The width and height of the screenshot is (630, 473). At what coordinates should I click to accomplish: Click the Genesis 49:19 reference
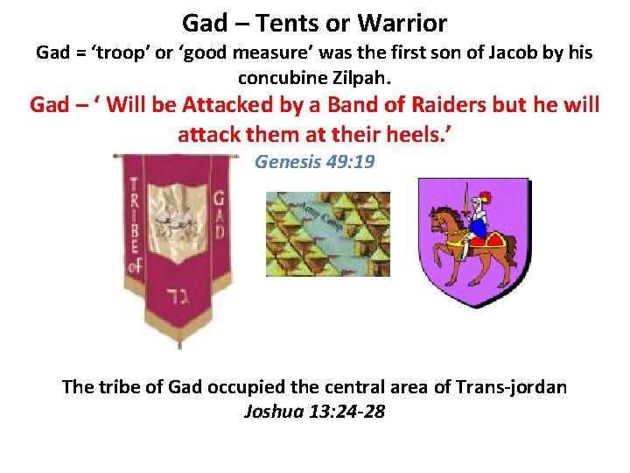pos(314,162)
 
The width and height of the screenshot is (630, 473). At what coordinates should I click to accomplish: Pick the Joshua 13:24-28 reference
pos(314,410)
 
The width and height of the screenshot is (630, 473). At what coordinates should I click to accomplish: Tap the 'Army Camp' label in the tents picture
pos(316,213)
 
